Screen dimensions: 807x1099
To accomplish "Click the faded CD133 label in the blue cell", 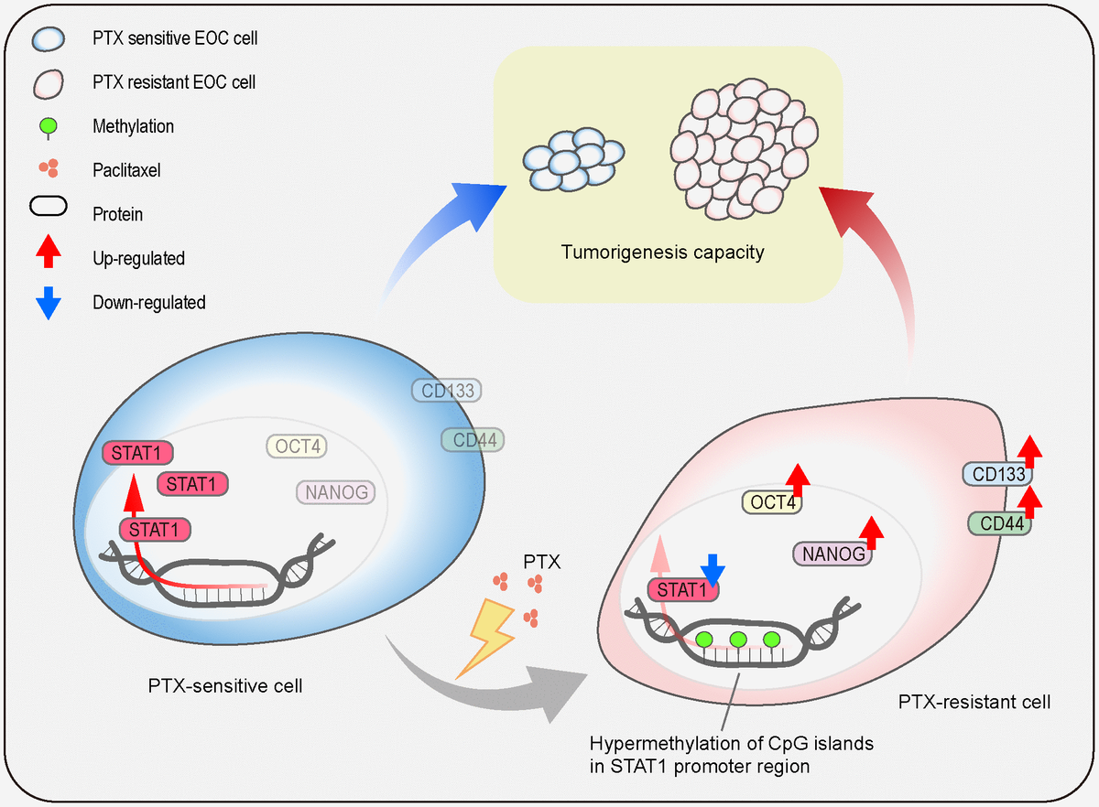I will [x=446, y=392].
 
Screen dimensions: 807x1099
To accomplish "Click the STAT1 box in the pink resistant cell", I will [x=682, y=590].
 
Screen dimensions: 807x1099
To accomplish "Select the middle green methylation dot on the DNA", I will [x=739, y=640].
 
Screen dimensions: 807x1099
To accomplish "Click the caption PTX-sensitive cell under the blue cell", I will [x=224, y=685].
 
